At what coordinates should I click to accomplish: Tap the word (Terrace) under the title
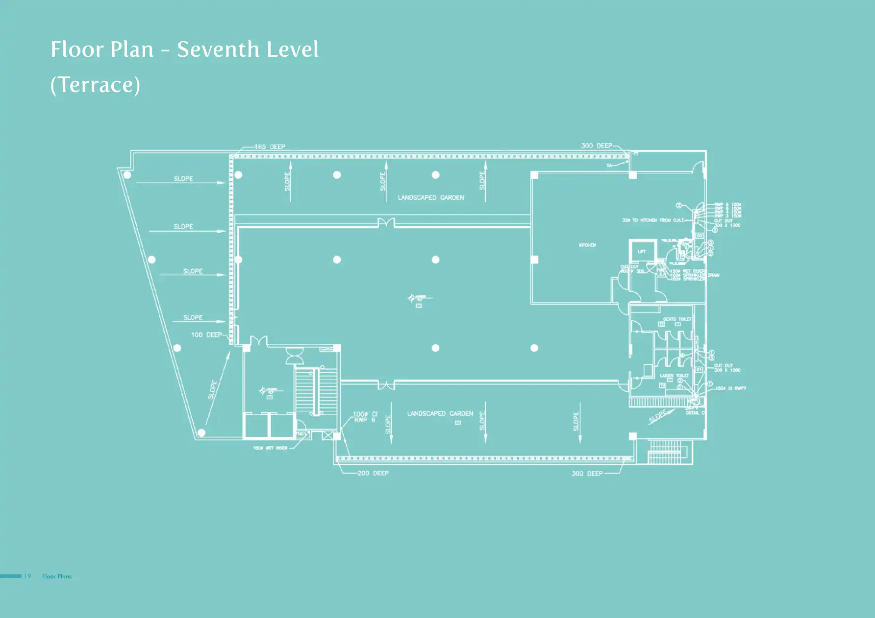(95, 85)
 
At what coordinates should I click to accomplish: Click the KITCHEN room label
(587, 245)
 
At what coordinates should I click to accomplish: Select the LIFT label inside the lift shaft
(642, 252)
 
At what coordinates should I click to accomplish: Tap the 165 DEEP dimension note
(270, 146)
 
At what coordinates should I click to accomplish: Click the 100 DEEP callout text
(206, 335)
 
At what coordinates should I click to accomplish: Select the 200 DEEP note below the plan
(373, 473)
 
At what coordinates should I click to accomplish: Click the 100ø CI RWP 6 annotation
(365, 417)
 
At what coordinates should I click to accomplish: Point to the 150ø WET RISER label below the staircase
(270, 448)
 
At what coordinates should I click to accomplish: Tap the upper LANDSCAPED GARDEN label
(430, 197)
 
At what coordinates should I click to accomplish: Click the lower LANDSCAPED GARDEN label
(440, 414)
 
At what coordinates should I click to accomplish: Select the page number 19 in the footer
(27, 576)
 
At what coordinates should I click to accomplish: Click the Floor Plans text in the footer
(57, 576)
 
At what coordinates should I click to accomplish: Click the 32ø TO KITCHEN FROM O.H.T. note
(653, 220)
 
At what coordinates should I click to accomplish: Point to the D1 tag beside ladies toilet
(700, 369)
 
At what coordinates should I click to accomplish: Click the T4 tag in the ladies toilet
(662, 385)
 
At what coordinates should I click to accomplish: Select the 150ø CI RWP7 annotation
(730, 388)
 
